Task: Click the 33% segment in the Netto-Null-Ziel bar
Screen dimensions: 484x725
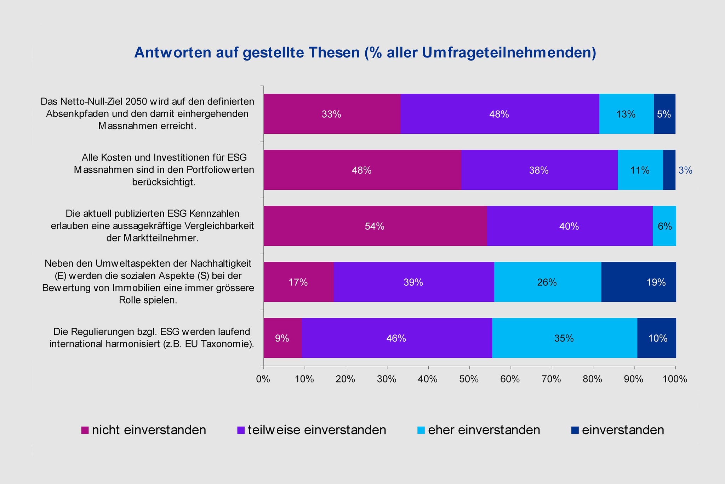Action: (x=332, y=114)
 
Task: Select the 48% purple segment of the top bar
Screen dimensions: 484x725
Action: (x=499, y=114)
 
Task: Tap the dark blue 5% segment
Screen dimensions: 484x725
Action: (x=664, y=114)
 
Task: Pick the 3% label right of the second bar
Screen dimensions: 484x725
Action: (x=685, y=171)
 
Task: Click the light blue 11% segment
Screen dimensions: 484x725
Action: (x=640, y=170)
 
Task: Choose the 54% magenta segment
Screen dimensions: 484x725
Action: (x=375, y=226)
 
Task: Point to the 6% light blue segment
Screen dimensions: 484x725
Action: (x=664, y=226)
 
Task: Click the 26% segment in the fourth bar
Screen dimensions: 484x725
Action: (x=547, y=282)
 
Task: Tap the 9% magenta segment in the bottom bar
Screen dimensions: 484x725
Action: (x=282, y=338)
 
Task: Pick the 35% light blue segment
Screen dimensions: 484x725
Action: (x=564, y=338)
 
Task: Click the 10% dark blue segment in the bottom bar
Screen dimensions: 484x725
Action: (x=657, y=338)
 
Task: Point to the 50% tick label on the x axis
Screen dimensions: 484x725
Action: (x=469, y=379)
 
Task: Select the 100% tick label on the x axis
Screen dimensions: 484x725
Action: (x=675, y=379)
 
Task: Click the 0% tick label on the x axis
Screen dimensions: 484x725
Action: (x=263, y=379)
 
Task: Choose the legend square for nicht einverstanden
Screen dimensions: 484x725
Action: (x=85, y=430)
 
